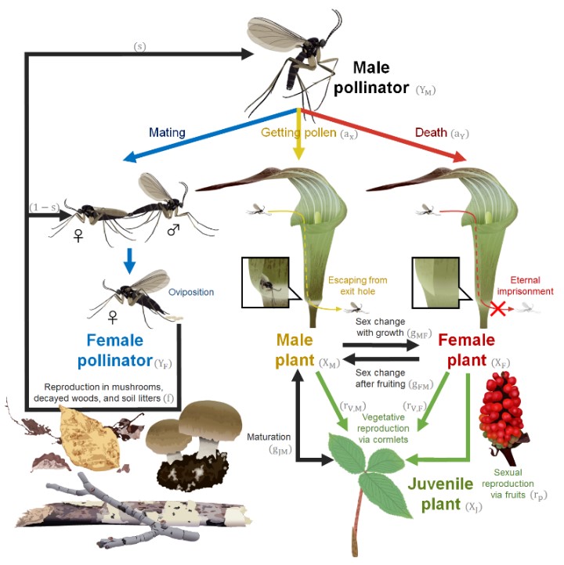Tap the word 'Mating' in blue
pyautogui.click(x=167, y=133)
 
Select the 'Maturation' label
pyautogui.click(x=269, y=435)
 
